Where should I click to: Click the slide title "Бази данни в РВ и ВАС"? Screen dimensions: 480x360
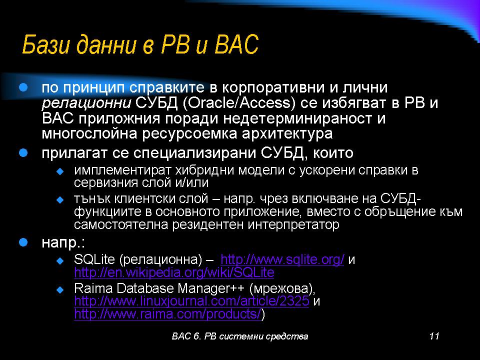[x=140, y=44]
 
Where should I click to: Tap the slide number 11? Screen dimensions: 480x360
[x=434, y=336]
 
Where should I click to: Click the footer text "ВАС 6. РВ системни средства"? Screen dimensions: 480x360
[x=240, y=336]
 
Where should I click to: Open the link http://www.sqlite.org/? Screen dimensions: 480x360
[x=282, y=259]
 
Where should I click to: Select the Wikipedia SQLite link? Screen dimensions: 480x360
[x=174, y=272]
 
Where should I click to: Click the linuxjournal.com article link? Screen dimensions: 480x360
[x=191, y=301]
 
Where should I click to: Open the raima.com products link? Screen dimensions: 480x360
[x=167, y=314]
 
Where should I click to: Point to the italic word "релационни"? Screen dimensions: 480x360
[x=86, y=103]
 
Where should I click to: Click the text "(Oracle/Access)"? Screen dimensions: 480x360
[x=239, y=103]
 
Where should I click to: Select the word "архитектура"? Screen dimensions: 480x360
[x=287, y=134]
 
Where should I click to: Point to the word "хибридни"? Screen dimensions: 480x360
[x=205, y=170]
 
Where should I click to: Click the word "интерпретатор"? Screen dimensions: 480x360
[x=293, y=224]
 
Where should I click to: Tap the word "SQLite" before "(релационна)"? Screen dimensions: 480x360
[x=94, y=259]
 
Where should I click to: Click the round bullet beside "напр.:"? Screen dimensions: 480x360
[x=23, y=242]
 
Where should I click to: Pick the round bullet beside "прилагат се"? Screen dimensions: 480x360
[x=23, y=153]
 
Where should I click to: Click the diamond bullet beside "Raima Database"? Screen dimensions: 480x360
[x=60, y=289]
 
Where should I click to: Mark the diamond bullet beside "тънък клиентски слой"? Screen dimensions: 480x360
[x=60, y=200]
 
